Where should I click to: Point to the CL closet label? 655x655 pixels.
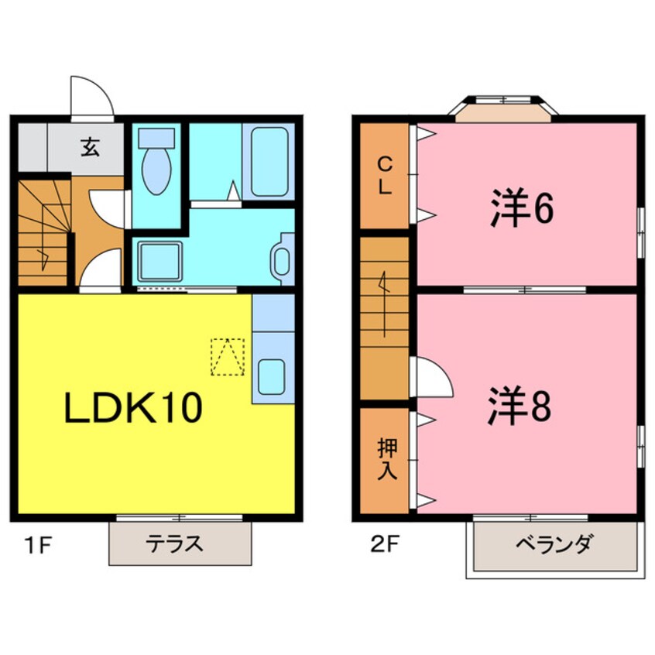coord(385,176)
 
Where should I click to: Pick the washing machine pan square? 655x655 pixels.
coord(159,262)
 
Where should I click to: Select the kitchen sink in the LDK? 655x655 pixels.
coord(273,376)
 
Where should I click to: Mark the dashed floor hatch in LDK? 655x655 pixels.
coord(228,356)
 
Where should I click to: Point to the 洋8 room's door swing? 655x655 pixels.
coord(430,376)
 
